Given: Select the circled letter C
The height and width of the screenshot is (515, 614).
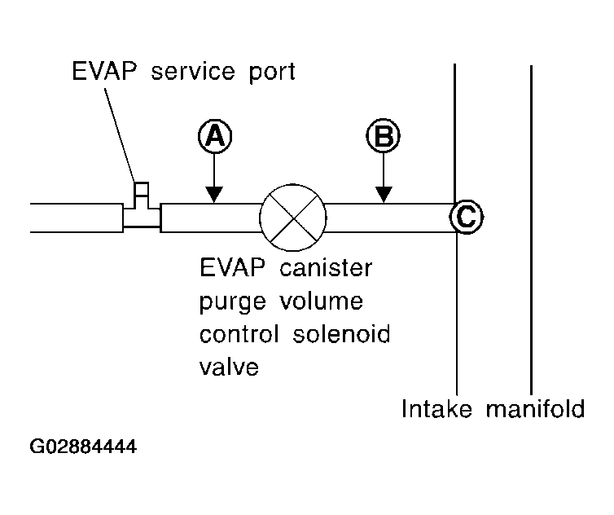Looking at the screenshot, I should [x=467, y=216].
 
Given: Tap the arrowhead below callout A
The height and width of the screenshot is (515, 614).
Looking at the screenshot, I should [x=213, y=194].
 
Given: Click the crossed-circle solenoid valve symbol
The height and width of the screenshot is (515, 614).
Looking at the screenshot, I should [x=292, y=217].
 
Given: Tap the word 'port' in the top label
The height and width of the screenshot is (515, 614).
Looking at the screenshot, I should [x=270, y=73].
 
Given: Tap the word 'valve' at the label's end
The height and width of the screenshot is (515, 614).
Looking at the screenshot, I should [x=229, y=366].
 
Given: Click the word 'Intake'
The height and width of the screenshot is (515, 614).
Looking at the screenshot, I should [x=439, y=408].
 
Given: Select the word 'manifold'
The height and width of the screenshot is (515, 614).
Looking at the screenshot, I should [x=535, y=408].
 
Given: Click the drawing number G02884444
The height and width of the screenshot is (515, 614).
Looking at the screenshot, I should [x=83, y=447].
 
